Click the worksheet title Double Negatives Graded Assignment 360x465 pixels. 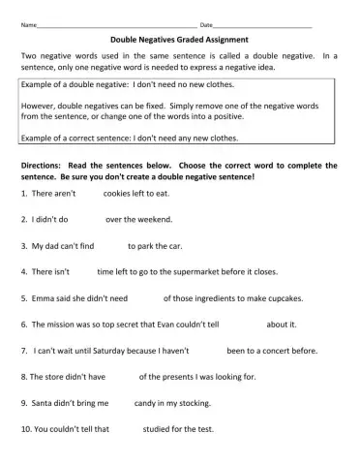pos(179,40)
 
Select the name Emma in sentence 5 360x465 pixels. pos(44,298)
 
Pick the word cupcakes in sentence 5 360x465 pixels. pos(290,298)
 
